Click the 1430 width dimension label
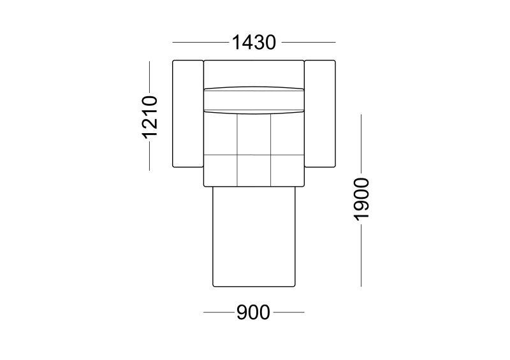[x=254, y=43]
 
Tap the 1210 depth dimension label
[x=150, y=117]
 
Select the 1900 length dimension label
[x=361, y=199]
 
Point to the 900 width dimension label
[x=253, y=312]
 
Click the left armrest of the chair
[x=187, y=114]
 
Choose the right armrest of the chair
[x=320, y=114]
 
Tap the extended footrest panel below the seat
[x=254, y=237]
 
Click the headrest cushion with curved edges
[x=254, y=100]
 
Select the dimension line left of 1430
[x=200, y=42]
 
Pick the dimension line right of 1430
[x=309, y=42]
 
